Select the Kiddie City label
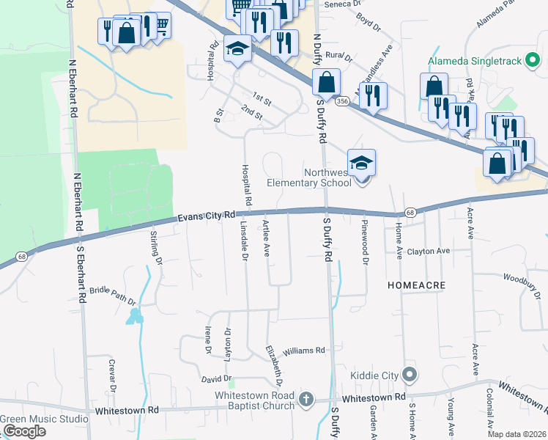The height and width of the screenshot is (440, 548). point(374,376)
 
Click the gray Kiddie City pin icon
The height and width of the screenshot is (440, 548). point(410,376)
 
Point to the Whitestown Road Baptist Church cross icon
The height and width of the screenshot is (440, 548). point(307,399)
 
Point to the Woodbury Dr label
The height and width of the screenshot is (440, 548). point(521,282)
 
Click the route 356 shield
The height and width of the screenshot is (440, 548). point(342,102)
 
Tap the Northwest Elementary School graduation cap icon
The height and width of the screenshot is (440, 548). point(361,162)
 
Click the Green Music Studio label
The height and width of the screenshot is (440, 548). point(44,419)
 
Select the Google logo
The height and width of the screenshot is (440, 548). point(23,431)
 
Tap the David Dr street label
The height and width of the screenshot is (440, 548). point(217,378)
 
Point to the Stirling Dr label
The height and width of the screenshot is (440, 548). point(155,246)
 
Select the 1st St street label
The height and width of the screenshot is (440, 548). point(262,97)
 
